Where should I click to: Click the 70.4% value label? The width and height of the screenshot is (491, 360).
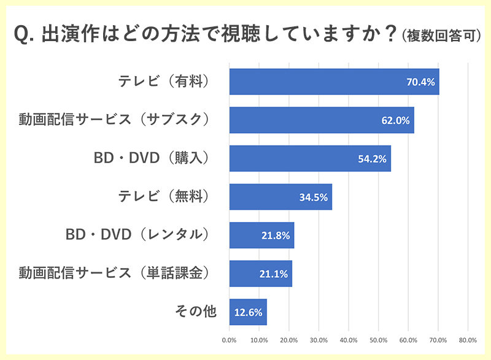[x=420, y=82]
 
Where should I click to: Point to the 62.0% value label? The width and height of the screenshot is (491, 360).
[x=395, y=120]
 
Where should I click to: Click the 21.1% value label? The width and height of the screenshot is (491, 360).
[x=274, y=274]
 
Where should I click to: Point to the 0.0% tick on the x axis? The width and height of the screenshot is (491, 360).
[x=229, y=340]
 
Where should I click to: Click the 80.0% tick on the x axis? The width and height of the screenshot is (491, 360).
[x=468, y=340]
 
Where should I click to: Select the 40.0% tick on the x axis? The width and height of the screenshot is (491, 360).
[x=348, y=340]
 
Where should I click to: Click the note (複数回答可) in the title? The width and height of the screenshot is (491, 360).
[x=441, y=36]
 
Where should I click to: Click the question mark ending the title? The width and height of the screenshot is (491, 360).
[x=388, y=34]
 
